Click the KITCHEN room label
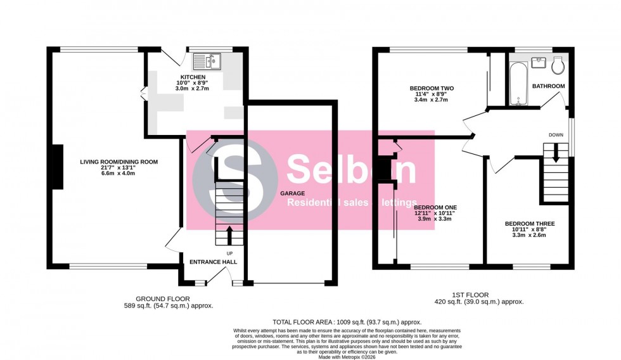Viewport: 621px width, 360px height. pyautogui.click(x=192, y=76)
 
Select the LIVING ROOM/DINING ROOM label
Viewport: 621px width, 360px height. pyautogui.click(x=118, y=162)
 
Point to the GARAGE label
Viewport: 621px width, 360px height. pyautogui.click(x=293, y=193)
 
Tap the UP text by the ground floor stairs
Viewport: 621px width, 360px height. pyautogui.click(x=229, y=254)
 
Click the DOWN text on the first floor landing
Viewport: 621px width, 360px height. pyautogui.click(x=556, y=135)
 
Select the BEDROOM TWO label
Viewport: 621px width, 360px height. pyautogui.click(x=431, y=88)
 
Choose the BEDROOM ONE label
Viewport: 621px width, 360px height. pyautogui.click(x=435, y=207)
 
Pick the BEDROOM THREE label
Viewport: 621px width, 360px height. pyautogui.click(x=530, y=224)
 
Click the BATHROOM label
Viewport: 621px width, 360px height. pyautogui.click(x=548, y=86)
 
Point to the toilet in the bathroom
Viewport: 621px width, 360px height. pyautogui.click(x=558, y=65)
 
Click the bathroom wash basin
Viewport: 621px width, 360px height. pyautogui.click(x=540, y=61)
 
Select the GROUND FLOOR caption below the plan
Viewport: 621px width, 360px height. pyautogui.click(x=162, y=299)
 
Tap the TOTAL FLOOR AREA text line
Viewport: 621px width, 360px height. pyautogui.click(x=347, y=322)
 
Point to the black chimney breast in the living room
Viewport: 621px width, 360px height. pyautogui.click(x=57, y=167)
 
